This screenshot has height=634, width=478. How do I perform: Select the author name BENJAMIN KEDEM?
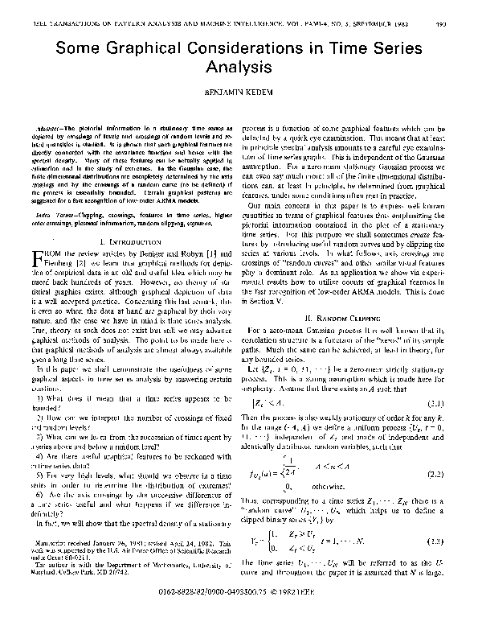239,94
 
